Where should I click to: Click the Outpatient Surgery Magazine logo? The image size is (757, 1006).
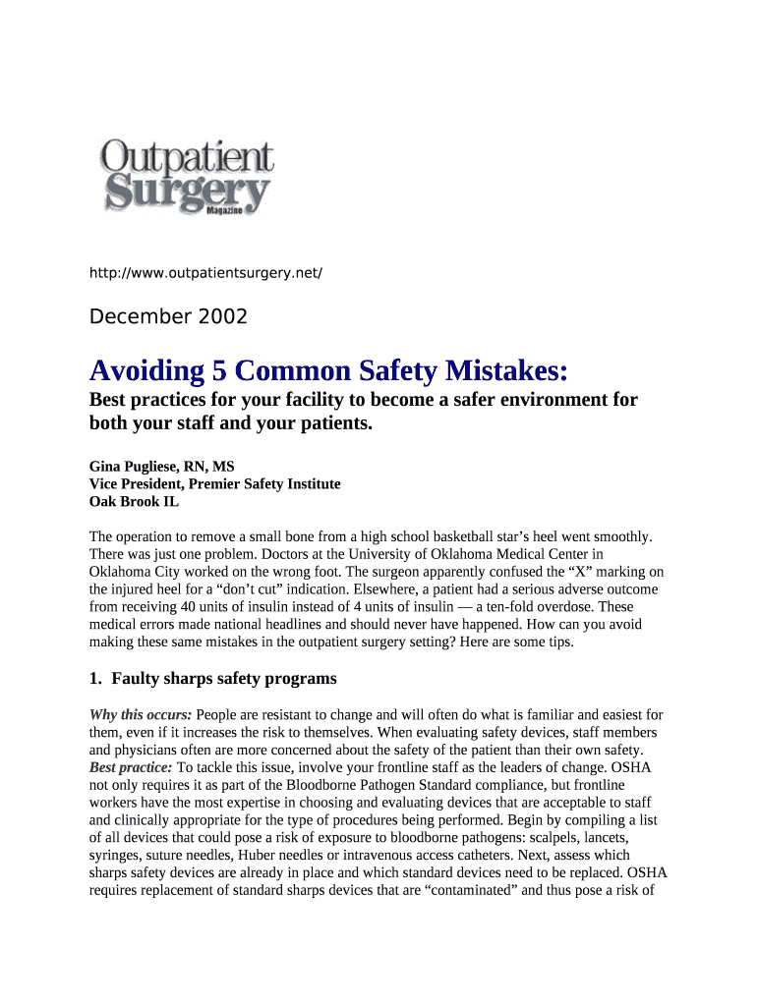pyautogui.click(x=186, y=178)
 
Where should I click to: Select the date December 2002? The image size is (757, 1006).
pyautogui.click(x=168, y=316)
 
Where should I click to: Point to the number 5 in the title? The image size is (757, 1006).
pyautogui.click(x=193, y=371)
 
